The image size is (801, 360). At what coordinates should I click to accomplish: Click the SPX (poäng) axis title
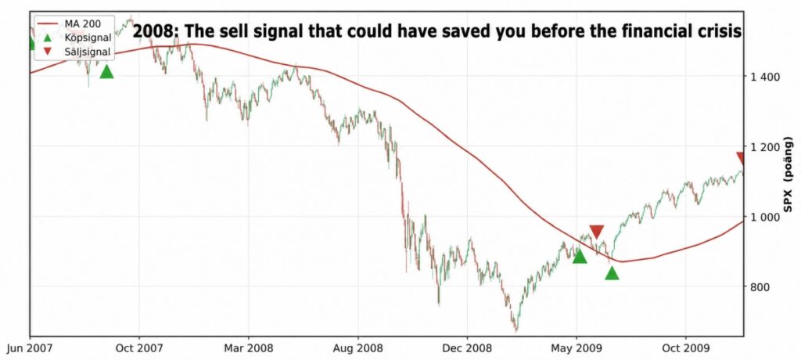point(788,173)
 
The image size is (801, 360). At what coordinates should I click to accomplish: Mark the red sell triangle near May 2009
point(596,232)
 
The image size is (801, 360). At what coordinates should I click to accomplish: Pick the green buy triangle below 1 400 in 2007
point(106,72)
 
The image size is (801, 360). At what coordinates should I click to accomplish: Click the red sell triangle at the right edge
point(741,159)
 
